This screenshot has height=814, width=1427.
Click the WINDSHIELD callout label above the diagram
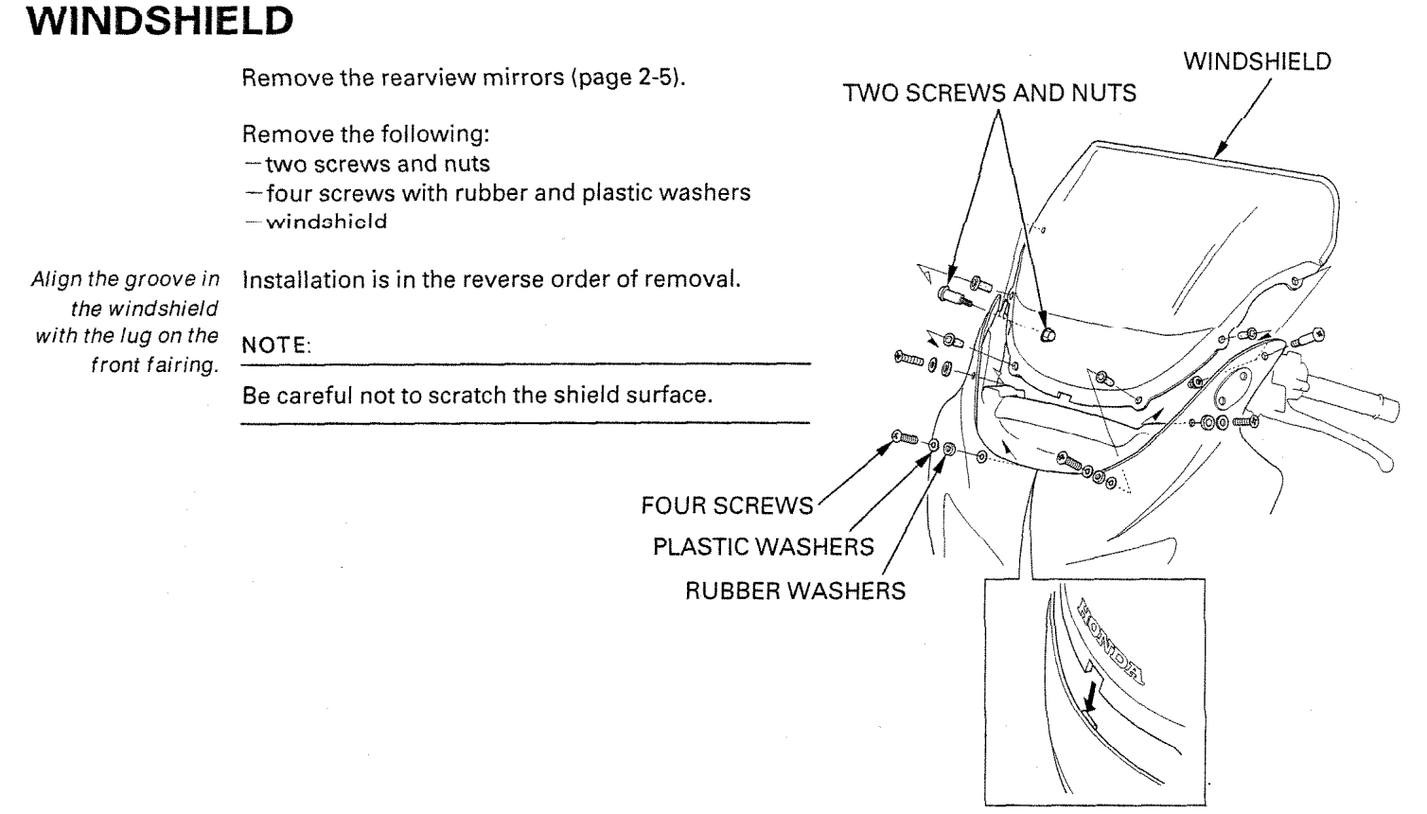(1257, 62)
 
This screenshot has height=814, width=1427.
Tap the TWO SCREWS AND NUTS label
(990, 94)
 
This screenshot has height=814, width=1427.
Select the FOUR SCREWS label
(726, 506)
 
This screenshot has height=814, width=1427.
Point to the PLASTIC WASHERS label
(763, 548)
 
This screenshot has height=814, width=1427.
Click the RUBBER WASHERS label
(795, 592)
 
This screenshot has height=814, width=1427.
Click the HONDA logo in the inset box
(1107, 636)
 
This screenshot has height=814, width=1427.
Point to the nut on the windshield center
(1047, 335)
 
